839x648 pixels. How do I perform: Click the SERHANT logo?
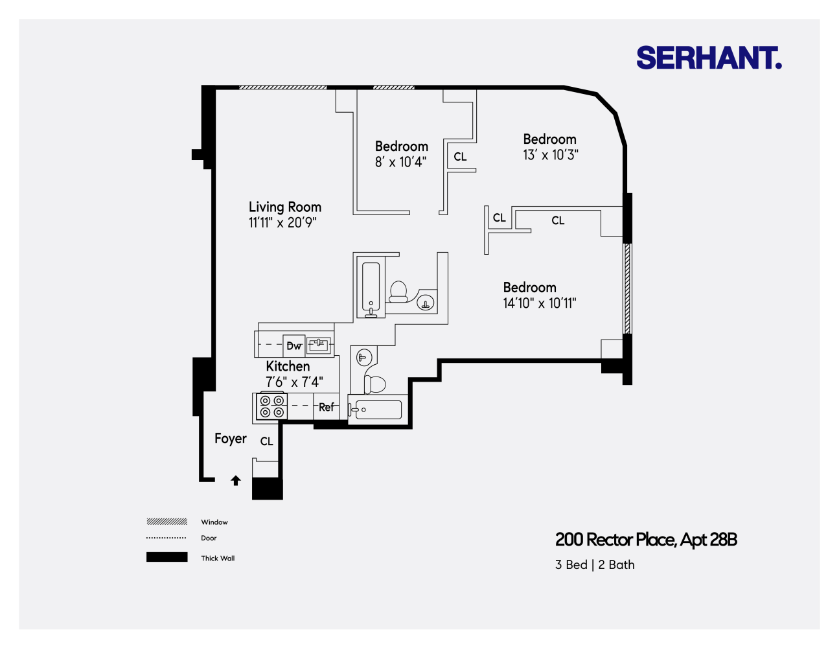(x=709, y=58)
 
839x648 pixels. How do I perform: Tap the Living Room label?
(x=285, y=207)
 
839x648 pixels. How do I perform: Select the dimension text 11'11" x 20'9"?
(x=282, y=223)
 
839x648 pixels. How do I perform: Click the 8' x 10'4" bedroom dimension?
(x=400, y=163)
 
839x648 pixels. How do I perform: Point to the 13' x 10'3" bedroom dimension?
(x=550, y=156)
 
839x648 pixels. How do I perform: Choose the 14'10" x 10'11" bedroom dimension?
(x=539, y=303)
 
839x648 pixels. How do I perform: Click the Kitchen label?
(x=288, y=367)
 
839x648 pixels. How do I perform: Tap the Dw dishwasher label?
(x=294, y=346)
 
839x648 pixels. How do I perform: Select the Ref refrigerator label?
(x=327, y=408)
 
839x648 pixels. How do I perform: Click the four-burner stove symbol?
(x=271, y=406)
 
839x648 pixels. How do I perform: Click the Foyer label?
(x=231, y=439)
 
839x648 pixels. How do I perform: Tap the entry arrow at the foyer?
(x=236, y=481)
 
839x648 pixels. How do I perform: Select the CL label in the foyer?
(x=266, y=442)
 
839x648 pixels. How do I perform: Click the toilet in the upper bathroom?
(x=398, y=292)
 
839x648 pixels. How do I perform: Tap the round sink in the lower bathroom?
(x=364, y=356)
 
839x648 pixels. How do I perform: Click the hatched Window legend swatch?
(x=167, y=522)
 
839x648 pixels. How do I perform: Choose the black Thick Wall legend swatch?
(x=167, y=557)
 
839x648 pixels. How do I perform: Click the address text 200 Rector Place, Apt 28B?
(x=646, y=540)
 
